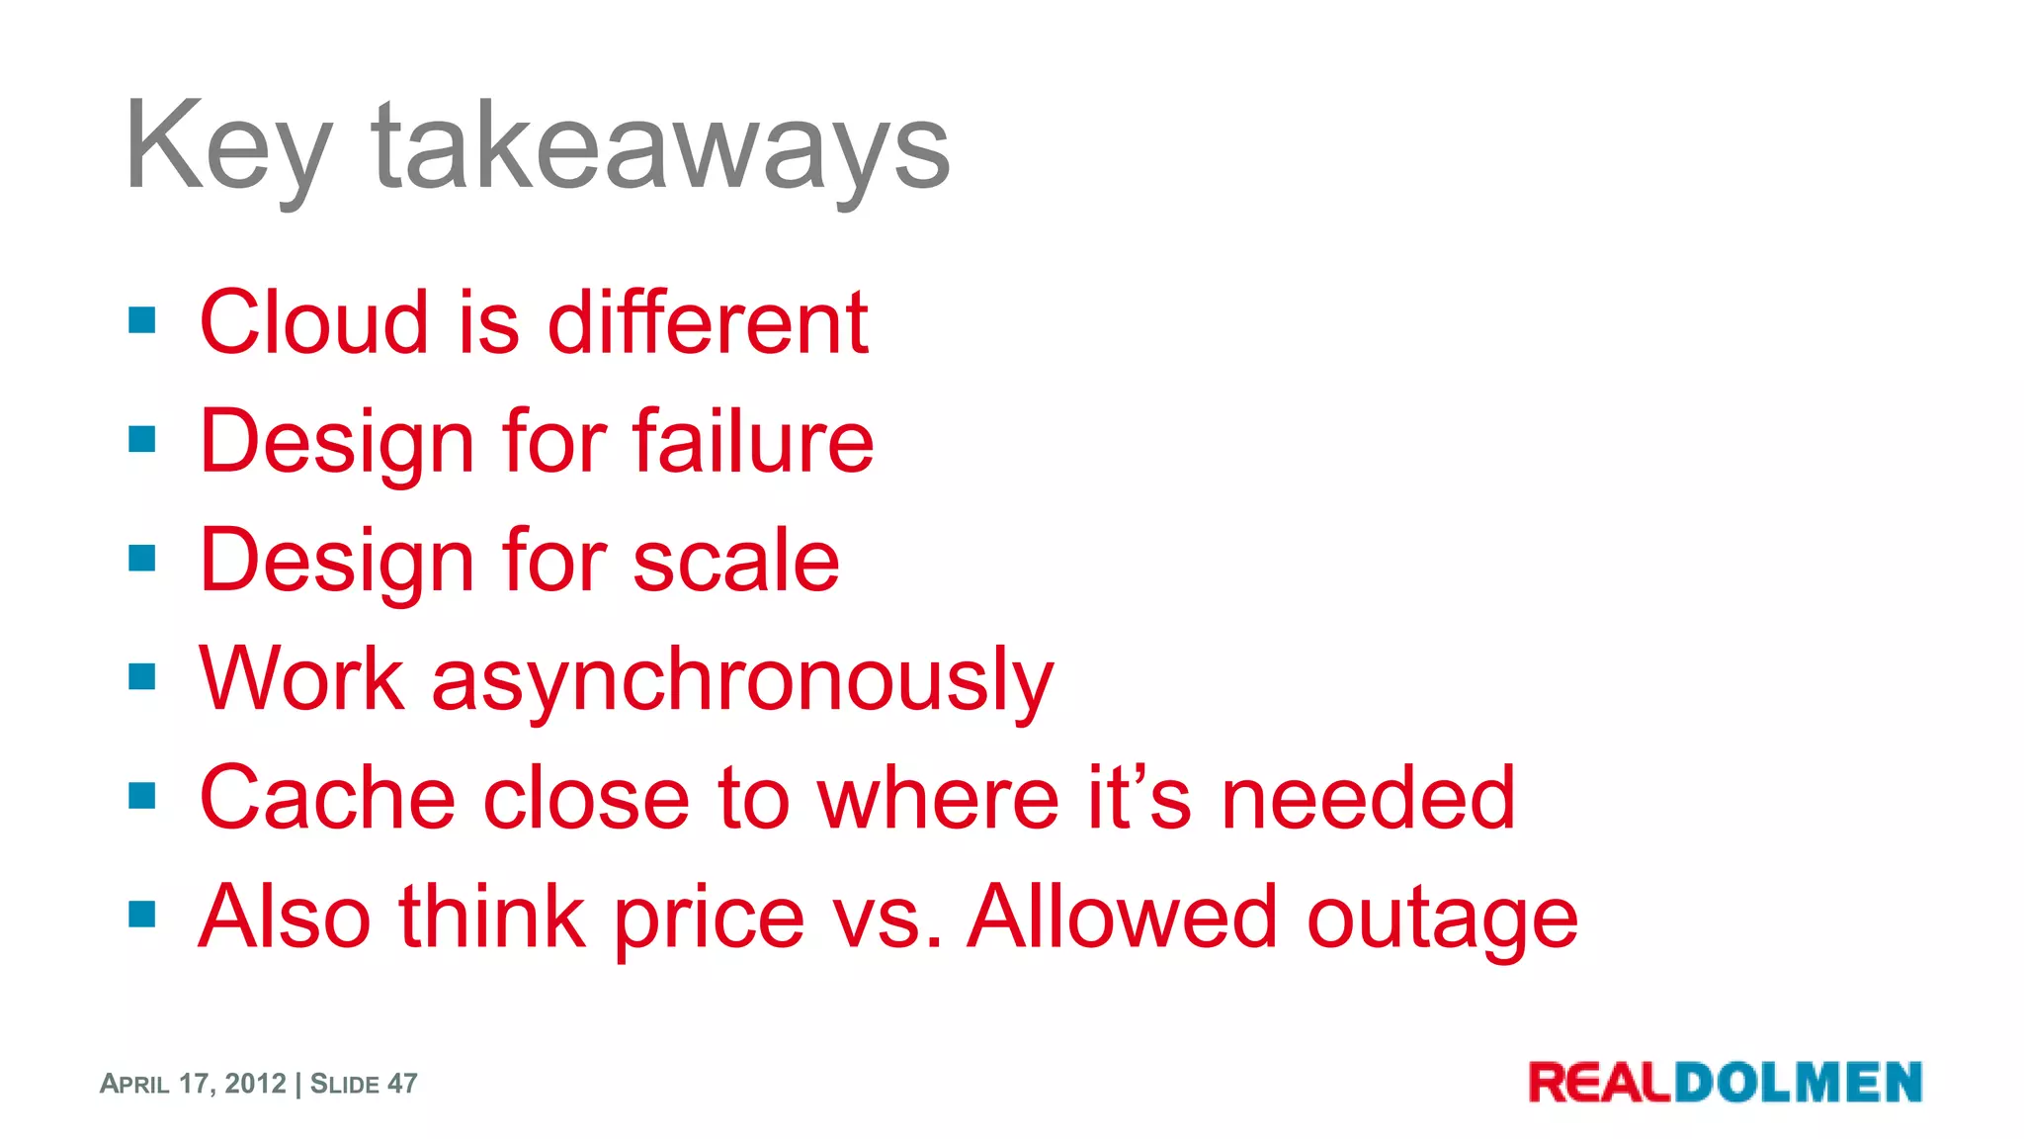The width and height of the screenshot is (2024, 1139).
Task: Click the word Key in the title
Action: click(227, 148)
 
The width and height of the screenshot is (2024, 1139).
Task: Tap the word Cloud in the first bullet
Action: click(314, 322)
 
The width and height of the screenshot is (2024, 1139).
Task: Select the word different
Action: click(708, 322)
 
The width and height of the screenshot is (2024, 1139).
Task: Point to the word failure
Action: click(753, 441)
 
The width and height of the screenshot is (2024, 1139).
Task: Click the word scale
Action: click(735, 561)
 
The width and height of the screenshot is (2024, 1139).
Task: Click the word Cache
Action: click(327, 798)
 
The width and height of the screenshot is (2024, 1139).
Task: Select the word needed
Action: click(1368, 798)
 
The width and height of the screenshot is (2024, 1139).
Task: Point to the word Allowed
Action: click(1123, 917)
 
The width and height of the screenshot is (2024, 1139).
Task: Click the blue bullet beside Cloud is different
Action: click(142, 320)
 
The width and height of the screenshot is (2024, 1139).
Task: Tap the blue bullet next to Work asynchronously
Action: click(142, 677)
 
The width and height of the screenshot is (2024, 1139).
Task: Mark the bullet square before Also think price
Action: click(142, 915)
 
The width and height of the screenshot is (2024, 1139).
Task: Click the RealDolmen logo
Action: click(1725, 1082)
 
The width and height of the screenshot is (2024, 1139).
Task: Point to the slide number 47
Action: click(402, 1084)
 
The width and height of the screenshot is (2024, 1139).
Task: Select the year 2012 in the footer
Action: click(255, 1084)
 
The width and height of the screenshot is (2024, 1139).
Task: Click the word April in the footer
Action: click(134, 1084)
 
